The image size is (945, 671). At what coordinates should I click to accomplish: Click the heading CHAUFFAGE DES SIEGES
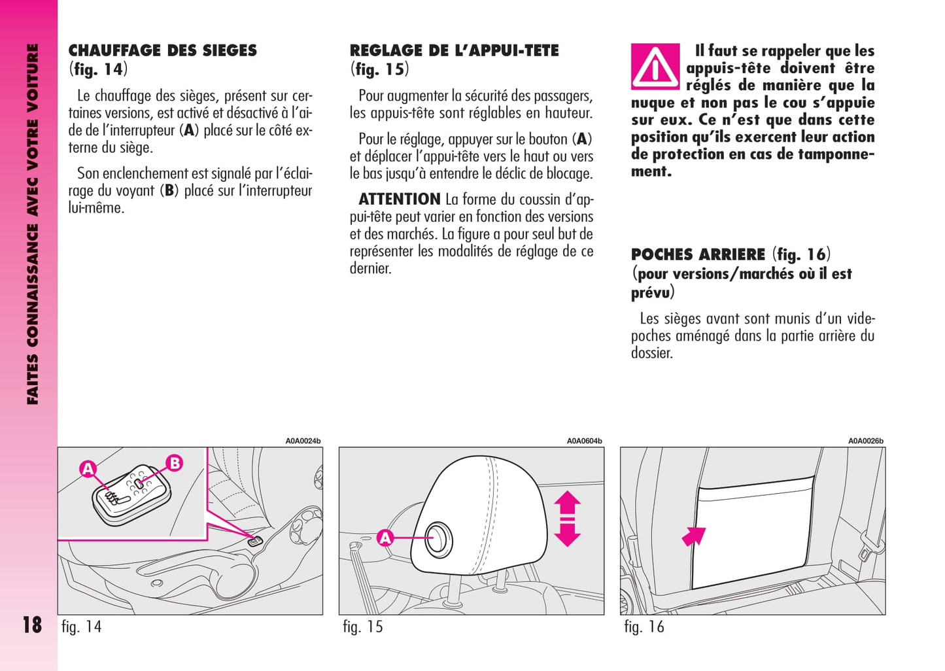pos(162,50)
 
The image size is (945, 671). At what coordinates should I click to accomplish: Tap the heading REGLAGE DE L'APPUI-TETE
pos(454,50)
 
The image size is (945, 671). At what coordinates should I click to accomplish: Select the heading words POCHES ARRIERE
pos(698,254)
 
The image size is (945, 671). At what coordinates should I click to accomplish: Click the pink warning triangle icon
pos(655,67)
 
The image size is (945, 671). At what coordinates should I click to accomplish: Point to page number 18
pos(31,625)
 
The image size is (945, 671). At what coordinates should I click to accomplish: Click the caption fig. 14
pos(81,627)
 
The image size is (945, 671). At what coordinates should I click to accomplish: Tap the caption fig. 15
pos(362,627)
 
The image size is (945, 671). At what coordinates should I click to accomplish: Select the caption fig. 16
pos(644,627)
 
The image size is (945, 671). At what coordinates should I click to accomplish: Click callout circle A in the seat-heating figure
pos(88,468)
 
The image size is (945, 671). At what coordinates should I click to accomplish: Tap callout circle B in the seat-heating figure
pos(175,463)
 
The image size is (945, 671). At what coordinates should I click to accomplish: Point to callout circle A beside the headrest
pos(385,538)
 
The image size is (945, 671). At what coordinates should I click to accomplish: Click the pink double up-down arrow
pos(567,519)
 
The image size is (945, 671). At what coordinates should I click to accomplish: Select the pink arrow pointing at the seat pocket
pos(694,536)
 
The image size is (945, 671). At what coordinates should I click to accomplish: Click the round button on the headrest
pos(438,538)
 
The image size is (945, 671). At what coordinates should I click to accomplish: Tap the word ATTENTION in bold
pos(400,199)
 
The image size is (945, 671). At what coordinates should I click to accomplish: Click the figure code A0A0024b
pos(303,441)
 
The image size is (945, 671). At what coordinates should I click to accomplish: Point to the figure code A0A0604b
pos(584,441)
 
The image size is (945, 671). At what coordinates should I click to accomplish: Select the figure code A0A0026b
pos(865,441)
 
